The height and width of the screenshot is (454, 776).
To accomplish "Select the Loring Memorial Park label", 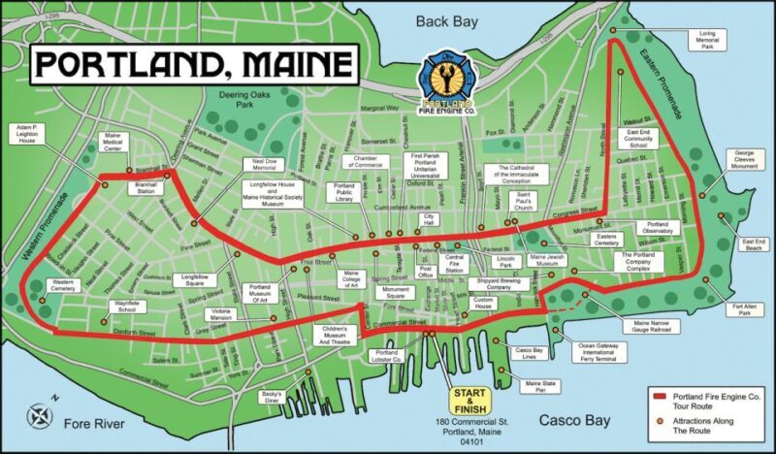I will tap(707, 39).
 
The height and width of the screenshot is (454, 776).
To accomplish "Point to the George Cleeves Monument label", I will tap(744, 159).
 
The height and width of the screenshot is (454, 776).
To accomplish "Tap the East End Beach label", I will tap(753, 244).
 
